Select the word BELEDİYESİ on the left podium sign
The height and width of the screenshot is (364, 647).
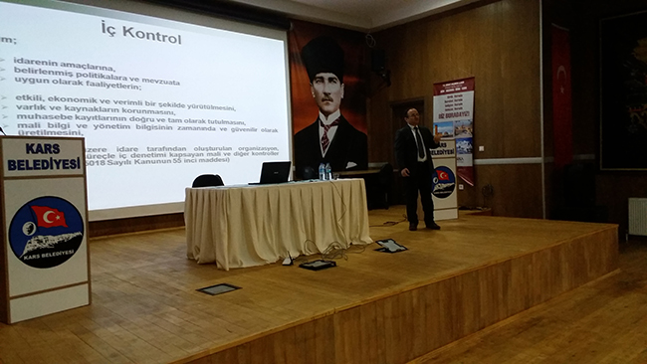43,164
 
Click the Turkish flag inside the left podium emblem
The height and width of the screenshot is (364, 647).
49,216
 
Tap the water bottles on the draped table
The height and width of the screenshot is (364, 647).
324,171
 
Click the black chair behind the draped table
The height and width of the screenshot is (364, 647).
207,181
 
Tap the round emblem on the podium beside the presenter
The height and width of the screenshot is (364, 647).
443,180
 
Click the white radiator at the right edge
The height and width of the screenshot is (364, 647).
637,216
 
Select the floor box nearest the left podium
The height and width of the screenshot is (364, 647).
218,288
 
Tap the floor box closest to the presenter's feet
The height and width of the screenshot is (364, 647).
390,246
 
